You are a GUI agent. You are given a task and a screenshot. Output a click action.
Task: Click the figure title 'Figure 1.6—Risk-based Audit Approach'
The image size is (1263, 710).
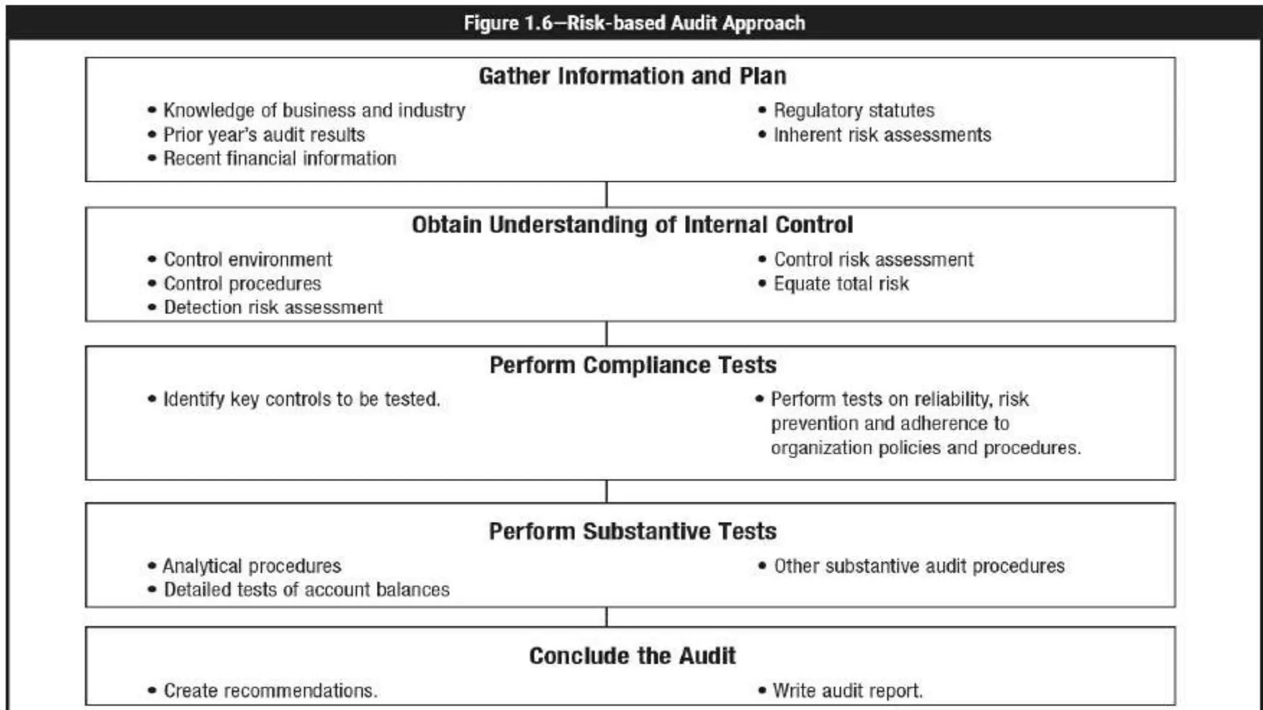[x=634, y=23]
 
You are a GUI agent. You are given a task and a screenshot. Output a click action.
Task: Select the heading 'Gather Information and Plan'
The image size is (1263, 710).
[x=632, y=76]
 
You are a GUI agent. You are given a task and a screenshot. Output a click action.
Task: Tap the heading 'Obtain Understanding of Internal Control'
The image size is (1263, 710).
[x=632, y=225]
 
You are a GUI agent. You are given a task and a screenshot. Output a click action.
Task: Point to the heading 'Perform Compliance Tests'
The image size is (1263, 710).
[x=633, y=365]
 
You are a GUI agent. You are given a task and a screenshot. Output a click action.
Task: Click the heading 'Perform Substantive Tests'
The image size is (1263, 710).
[x=633, y=531]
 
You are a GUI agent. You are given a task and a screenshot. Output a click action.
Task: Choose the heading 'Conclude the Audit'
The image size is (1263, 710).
[x=632, y=656]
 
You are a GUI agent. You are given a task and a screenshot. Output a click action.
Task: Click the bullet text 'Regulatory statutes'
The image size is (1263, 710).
[x=854, y=110]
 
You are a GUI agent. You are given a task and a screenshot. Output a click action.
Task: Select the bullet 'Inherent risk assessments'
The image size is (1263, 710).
[x=882, y=135]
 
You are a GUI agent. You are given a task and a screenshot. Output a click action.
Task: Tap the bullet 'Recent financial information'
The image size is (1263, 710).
[x=279, y=158]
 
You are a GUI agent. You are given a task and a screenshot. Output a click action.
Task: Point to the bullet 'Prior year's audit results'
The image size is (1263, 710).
[x=264, y=135]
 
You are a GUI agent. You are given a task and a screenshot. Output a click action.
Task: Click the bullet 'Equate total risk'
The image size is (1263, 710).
[x=841, y=284]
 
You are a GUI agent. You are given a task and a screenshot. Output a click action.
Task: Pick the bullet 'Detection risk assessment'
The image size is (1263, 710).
[x=273, y=307]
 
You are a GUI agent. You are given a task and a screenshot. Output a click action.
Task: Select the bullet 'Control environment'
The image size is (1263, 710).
[x=247, y=259]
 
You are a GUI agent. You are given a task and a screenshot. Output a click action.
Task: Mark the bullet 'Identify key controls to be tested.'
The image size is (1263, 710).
[x=302, y=399]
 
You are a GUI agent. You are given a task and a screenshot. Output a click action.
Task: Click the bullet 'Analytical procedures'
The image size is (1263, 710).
[x=252, y=566]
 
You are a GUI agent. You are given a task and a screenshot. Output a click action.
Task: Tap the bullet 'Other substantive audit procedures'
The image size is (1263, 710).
[x=919, y=566]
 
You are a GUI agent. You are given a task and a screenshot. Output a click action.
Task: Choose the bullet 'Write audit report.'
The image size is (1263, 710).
[x=847, y=690]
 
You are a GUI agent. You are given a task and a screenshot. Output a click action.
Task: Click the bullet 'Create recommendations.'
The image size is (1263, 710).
[x=270, y=690]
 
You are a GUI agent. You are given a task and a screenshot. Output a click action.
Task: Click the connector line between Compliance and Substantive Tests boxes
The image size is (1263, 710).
[x=606, y=491]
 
